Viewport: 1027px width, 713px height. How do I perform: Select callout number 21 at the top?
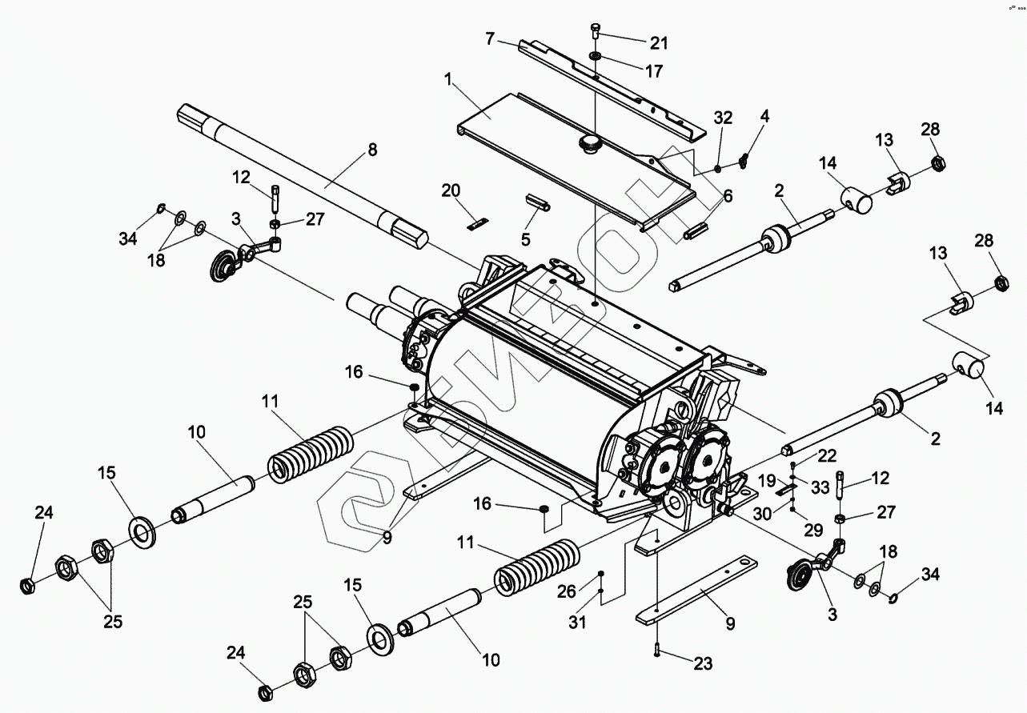[659, 42]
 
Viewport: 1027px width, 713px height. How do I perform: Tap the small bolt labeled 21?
[596, 31]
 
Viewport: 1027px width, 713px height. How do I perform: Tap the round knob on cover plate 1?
[590, 144]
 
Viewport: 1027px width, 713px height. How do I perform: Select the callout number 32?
[723, 117]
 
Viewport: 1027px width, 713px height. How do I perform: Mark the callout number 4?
[765, 116]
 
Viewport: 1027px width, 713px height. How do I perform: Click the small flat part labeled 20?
[477, 225]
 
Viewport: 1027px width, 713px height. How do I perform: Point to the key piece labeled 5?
[536, 202]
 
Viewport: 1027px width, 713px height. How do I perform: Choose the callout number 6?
[728, 196]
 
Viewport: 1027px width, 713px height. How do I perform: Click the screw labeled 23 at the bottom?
[656, 652]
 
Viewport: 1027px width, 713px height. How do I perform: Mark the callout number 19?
[767, 481]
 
